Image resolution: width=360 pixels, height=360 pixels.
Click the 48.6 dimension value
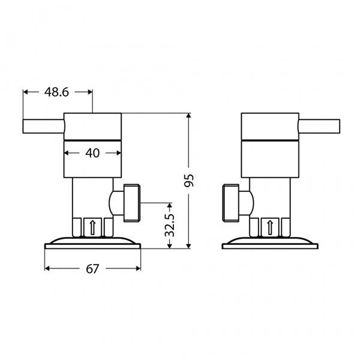(x=56, y=92)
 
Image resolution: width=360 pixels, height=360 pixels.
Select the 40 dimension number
(x=92, y=153)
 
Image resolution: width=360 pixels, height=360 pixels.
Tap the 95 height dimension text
(x=189, y=181)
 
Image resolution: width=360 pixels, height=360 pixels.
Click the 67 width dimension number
(x=92, y=269)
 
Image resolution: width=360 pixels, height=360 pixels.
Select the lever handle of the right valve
(x=319, y=126)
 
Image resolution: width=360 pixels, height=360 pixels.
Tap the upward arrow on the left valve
(x=92, y=227)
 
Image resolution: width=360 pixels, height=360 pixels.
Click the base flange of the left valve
(x=92, y=243)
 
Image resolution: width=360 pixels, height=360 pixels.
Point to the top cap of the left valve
(x=92, y=125)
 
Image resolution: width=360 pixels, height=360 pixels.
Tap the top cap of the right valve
(x=269, y=125)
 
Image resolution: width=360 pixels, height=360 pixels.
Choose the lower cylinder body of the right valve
(x=269, y=159)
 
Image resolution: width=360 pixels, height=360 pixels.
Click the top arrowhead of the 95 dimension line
(x=189, y=115)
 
